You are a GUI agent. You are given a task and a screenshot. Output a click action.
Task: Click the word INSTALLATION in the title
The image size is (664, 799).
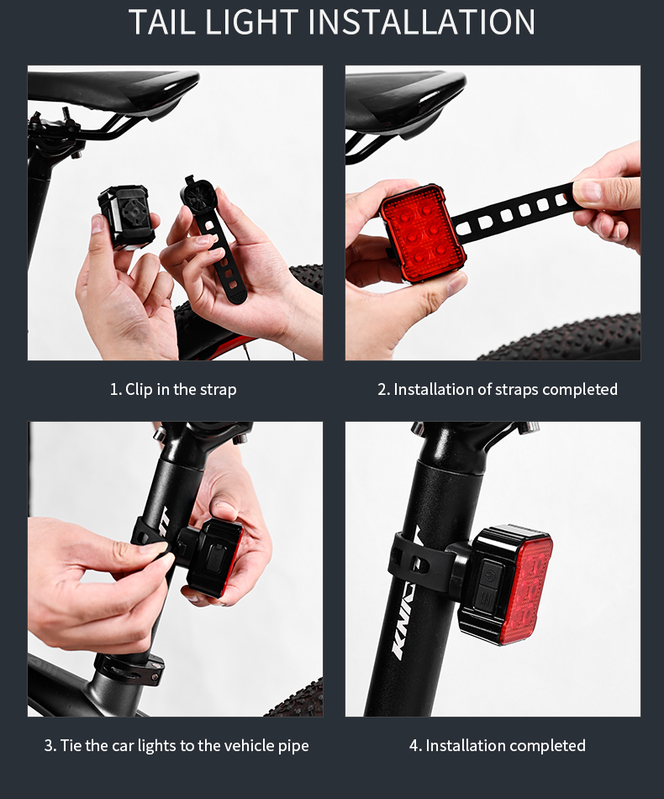point(422,22)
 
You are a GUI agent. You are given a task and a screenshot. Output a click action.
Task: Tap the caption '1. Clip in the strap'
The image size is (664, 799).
point(173,389)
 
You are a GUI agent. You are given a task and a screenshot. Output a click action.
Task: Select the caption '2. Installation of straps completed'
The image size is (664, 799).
point(497,389)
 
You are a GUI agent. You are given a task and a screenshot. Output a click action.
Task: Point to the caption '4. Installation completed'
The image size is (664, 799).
point(497,745)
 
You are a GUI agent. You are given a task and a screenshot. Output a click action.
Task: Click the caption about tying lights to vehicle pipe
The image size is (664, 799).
point(177,745)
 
